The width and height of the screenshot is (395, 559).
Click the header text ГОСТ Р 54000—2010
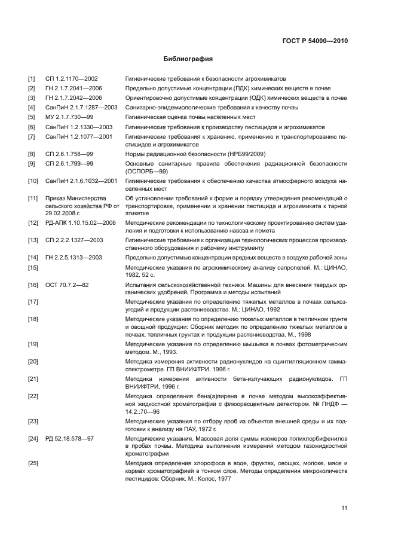(x=314, y=41)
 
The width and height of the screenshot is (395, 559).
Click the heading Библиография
(x=188, y=59)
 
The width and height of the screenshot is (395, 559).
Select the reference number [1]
(x=31, y=78)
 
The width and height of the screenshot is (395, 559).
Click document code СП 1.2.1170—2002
(x=71, y=78)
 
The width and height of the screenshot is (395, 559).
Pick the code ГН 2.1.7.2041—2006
(x=74, y=88)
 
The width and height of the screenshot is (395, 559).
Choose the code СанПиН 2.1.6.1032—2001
(x=81, y=180)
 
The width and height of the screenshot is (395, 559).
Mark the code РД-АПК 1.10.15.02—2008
(x=80, y=222)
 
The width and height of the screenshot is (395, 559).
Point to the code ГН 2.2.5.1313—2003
(x=74, y=257)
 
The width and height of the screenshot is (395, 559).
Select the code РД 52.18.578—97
(x=69, y=439)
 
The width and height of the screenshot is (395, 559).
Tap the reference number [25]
(x=33, y=463)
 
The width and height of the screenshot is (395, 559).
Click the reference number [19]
(x=33, y=344)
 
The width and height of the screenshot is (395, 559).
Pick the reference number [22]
(x=33, y=396)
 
